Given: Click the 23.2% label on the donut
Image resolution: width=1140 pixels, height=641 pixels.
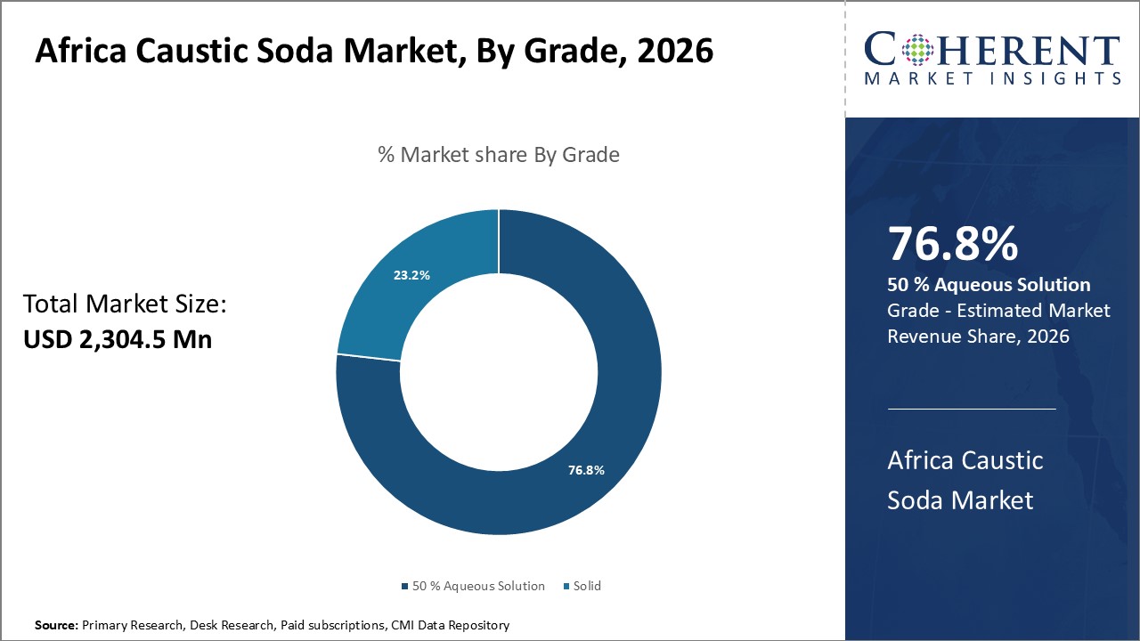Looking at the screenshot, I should tap(411, 275).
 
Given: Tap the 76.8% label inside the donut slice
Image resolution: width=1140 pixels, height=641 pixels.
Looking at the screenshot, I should tap(586, 470).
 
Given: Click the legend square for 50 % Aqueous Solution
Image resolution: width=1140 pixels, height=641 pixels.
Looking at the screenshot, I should tap(404, 587).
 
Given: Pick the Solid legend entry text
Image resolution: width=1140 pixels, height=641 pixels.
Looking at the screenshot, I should tap(587, 586).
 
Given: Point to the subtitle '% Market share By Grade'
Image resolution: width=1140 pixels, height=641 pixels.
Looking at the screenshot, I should tap(499, 154).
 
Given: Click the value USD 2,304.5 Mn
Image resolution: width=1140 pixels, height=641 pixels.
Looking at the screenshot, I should tap(118, 339).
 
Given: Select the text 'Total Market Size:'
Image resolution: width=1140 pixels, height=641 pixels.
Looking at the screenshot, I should tap(126, 304).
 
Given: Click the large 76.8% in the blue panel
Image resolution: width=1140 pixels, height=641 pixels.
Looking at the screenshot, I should tap(952, 244).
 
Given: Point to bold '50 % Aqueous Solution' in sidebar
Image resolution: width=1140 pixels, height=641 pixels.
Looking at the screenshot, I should tap(989, 285).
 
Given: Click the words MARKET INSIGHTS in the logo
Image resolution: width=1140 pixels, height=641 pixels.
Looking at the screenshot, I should tap(992, 78).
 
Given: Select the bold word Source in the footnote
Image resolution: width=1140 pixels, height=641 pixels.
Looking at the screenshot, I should tap(55, 626).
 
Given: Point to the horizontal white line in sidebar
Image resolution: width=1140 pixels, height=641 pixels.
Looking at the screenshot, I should tap(972, 410).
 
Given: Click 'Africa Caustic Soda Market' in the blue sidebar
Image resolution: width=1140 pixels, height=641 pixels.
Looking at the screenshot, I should tap(965, 480).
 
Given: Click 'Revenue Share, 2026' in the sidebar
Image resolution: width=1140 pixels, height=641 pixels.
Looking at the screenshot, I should tap(978, 336).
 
